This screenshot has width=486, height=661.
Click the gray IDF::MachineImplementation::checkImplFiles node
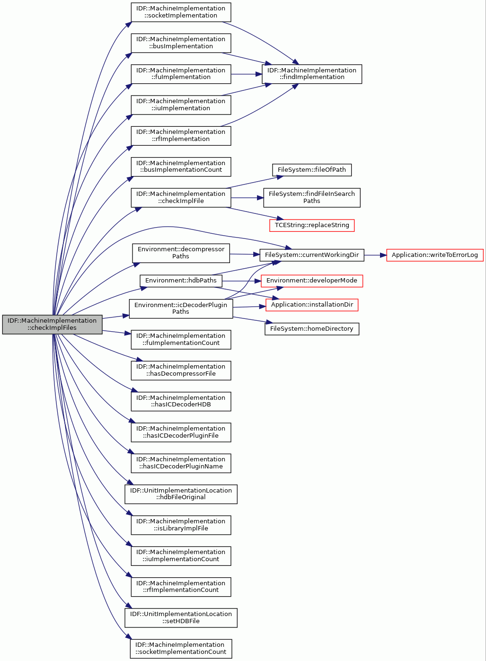[x=52, y=324]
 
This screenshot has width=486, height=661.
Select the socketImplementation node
[x=181, y=12]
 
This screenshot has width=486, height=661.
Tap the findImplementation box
[x=311, y=74]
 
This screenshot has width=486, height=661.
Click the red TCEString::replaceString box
[x=311, y=225]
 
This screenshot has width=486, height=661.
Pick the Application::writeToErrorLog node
[x=435, y=255]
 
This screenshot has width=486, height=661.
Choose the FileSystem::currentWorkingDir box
[x=311, y=255]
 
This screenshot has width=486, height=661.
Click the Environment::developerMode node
[x=311, y=281]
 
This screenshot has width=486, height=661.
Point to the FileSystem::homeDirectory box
[x=311, y=329]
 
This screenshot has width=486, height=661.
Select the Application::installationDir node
[x=311, y=305]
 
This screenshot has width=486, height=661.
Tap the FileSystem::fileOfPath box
[x=311, y=170]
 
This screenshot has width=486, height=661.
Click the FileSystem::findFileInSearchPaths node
[x=311, y=197]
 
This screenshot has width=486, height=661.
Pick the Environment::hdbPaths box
[x=181, y=281]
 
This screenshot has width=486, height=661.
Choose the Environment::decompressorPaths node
[x=181, y=253]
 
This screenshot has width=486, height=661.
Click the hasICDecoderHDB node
[x=181, y=401]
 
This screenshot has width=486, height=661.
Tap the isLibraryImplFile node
[x=181, y=525]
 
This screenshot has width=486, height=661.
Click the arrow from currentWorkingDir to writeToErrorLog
[x=375, y=255]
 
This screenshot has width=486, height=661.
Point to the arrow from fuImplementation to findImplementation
[x=247, y=74]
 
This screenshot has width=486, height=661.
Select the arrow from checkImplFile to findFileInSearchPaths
[x=247, y=197]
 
